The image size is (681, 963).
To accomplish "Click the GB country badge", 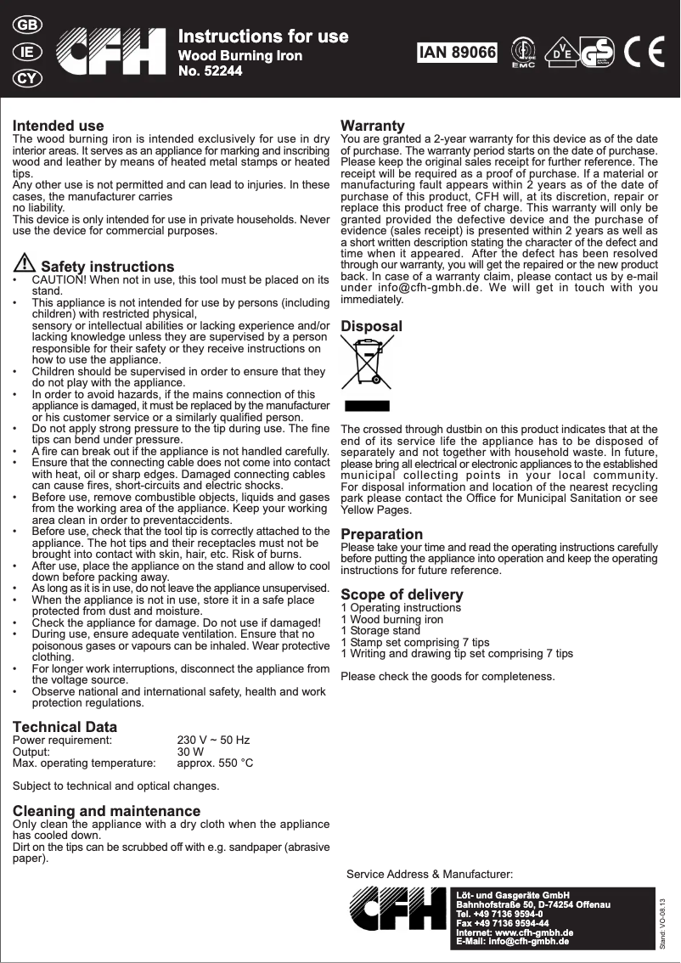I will [x=27, y=25].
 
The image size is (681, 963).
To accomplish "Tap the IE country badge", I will [x=27, y=52].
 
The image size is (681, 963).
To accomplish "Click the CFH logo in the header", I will [x=111, y=53].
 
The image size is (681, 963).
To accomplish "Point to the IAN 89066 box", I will [x=457, y=53].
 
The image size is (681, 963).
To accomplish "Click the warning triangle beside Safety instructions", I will [x=25, y=264].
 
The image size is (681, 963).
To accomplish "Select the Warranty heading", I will [x=372, y=126].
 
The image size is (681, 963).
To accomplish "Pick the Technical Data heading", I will [x=65, y=727].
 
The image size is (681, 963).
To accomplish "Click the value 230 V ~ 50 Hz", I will [x=212, y=741].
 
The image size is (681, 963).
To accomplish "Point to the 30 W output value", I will [x=189, y=752].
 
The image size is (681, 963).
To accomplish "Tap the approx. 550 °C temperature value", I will [x=214, y=763].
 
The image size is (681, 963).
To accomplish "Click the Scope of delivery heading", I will [x=402, y=594].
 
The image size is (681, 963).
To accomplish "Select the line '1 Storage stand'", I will [x=380, y=631].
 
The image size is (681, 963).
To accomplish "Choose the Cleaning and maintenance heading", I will [x=106, y=811].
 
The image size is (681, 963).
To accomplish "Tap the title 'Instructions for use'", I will [x=262, y=37].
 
